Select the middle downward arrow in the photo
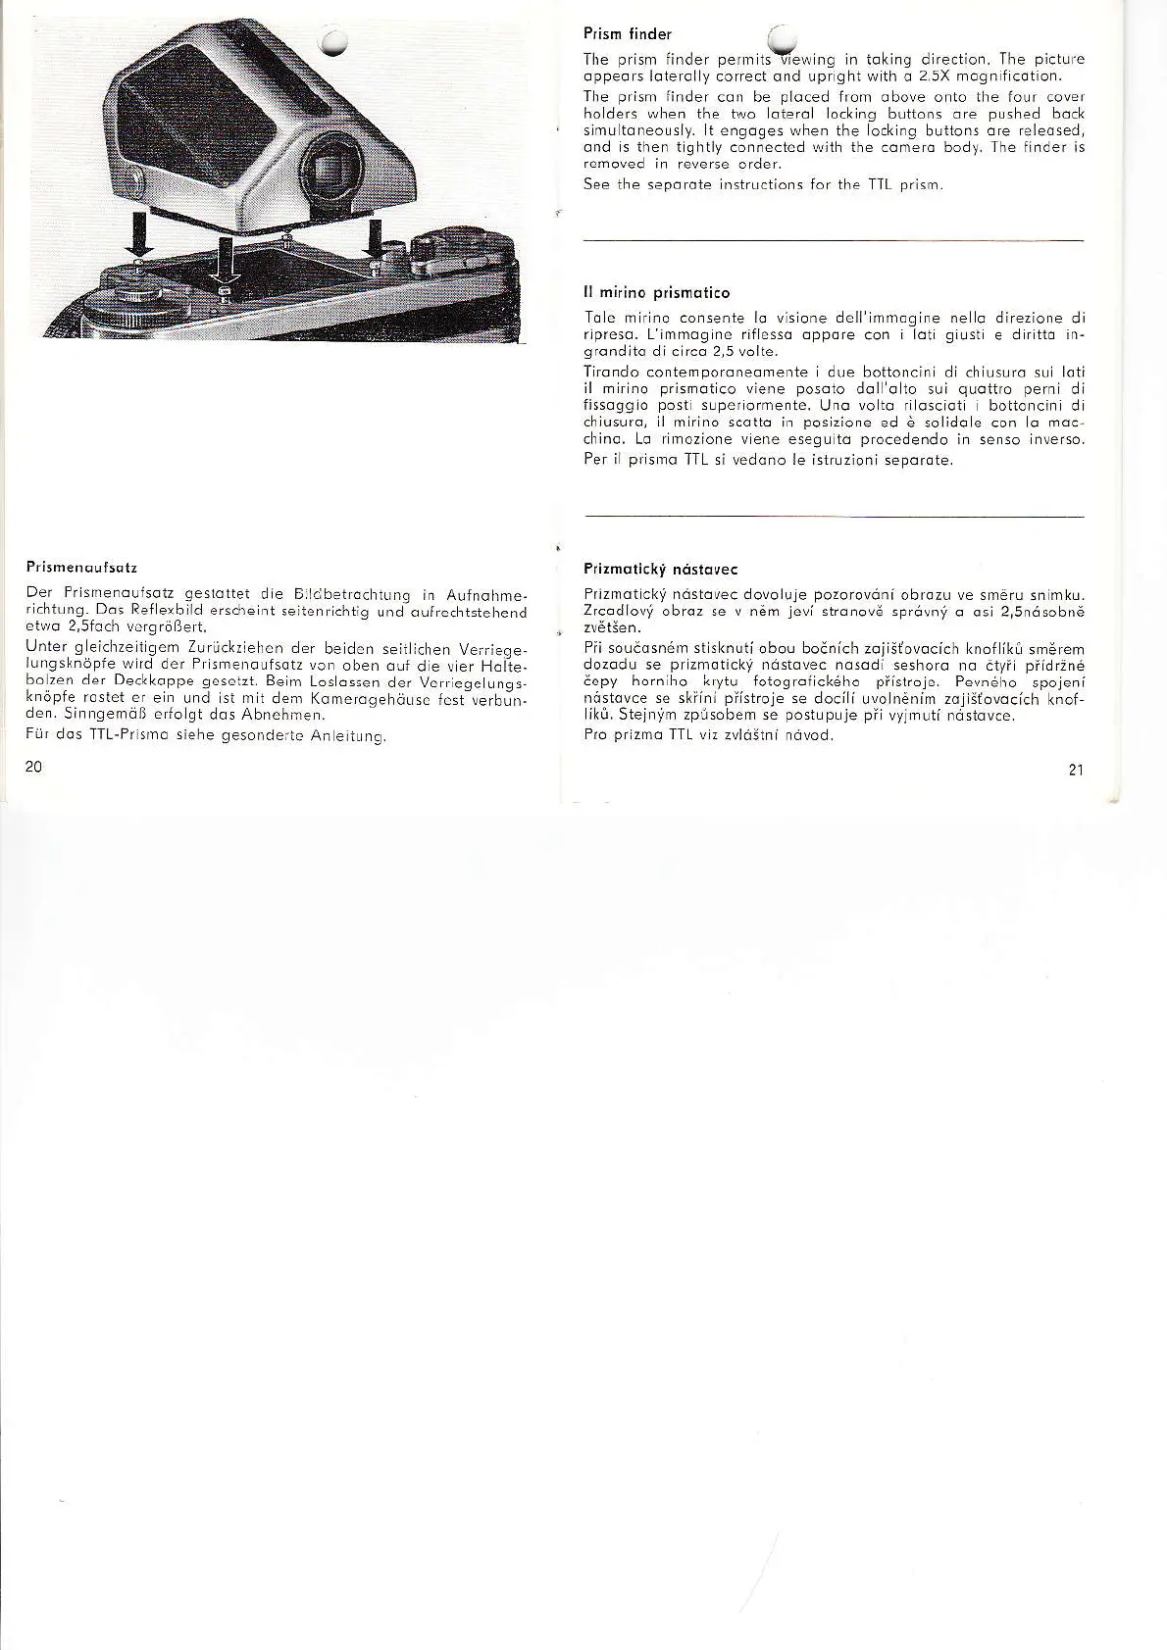(x=225, y=260)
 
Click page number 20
(x=32, y=767)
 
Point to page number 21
(x=1076, y=770)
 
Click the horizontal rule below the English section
(x=834, y=240)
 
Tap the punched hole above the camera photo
(x=333, y=42)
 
